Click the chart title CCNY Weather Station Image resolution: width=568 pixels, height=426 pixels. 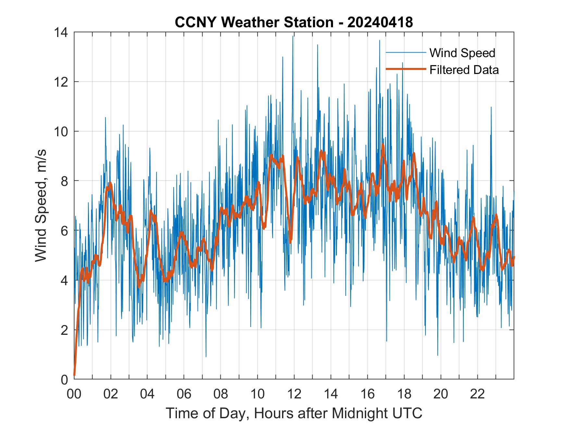tap(254, 23)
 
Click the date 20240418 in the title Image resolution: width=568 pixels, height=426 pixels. tap(380, 23)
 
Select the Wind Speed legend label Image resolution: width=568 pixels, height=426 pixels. tap(462, 53)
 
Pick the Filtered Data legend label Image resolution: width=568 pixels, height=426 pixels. tap(464, 70)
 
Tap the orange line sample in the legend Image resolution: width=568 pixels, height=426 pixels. tap(405, 69)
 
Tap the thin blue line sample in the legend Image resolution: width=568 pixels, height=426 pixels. tap(405, 53)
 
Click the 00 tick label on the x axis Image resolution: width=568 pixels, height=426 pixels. tap(74, 394)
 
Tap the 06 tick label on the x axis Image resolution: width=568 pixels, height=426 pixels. tap(184, 394)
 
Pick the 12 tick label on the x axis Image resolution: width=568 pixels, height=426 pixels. tap(294, 394)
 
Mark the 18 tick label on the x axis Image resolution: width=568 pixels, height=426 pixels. tap(404, 394)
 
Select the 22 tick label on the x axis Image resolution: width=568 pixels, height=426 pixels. tap(477, 394)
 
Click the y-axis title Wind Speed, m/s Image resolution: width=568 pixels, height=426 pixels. tap(41, 205)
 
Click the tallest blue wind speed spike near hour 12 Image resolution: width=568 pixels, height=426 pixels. tap(293, 37)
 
